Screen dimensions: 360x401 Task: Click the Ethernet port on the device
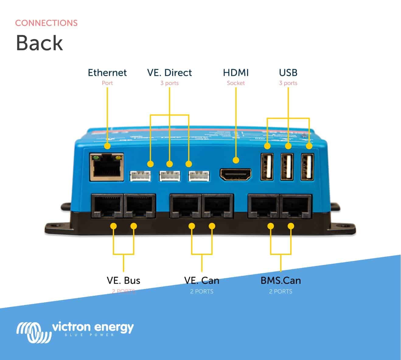pos(107,167)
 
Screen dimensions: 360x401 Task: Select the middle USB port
pos(287,167)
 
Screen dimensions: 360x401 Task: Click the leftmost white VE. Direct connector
pos(140,176)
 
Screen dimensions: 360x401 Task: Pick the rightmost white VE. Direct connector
pos(199,176)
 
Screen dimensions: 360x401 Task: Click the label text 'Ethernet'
pos(107,73)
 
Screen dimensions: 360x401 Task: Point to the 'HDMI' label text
pos(236,73)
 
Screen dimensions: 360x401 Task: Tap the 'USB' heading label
pos(288,73)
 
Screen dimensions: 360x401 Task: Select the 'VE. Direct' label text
pos(169,73)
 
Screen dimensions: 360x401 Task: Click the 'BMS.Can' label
pos(281,281)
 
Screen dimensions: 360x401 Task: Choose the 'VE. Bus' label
pos(123,281)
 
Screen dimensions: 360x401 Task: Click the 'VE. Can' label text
pos(201,281)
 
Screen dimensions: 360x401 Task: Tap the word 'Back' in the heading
pos(39,43)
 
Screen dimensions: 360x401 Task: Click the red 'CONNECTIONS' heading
pos(46,23)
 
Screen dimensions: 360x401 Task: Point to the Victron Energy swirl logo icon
pos(33,332)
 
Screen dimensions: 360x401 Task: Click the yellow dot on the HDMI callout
pos(236,160)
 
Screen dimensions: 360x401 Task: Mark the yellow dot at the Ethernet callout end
pos(107,146)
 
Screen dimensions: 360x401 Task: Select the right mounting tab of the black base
pos(344,229)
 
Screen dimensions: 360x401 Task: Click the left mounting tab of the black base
pos(56,229)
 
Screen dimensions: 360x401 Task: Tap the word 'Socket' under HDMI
pos(236,83)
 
